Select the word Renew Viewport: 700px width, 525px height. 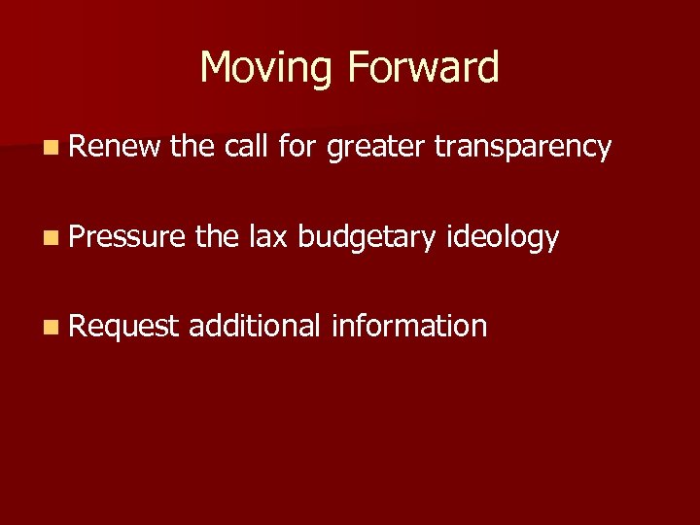coord(115,147)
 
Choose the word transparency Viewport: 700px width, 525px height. coord(523,149)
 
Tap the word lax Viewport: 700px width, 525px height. coord(267,236)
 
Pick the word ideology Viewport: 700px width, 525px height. coord(503,238)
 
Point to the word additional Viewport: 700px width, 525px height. coord(255,326)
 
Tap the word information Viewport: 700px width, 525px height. coord(409,326)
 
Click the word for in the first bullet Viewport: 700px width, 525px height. coord(297,147)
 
